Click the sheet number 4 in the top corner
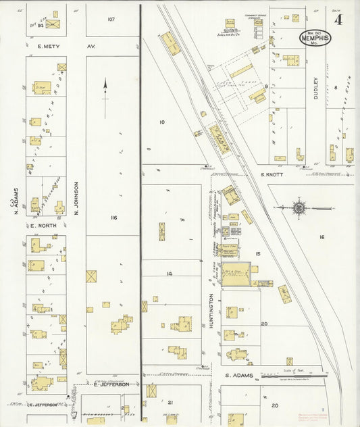pyautogui.click(x=338, y=20)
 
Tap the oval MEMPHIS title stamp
pyautogui.click(x=314, y=37)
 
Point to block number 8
pyautogui.click(x=336, y=88)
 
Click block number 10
pyautogui.click(x=161, y=122)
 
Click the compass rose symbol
pyautogui.click(x=299, y=207)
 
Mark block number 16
pyautogui.click(x=322, y=237)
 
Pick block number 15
pyautogui.click(x=257, y=253)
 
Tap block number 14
pyautogui.click(x=170, y=273)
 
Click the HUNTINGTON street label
pyautogui.click(x=211, y=311)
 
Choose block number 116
pyautogui.click(x=113, y=218)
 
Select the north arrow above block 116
pyautogui.click(x=105, y=95)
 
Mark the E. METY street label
pyautogui.click(x=50, y=47)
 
